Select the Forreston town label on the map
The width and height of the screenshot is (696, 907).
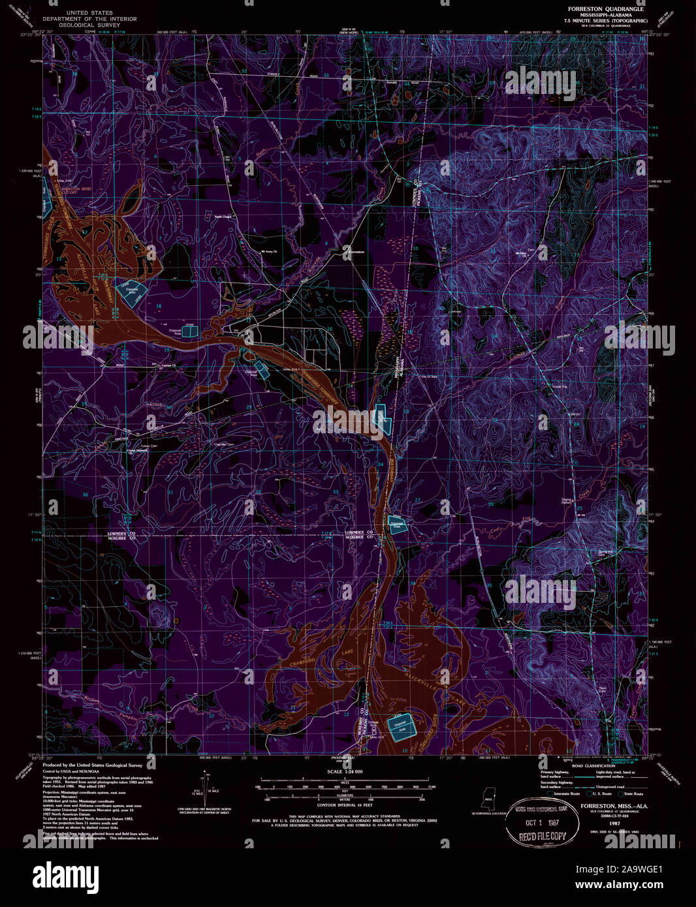click(355, 251)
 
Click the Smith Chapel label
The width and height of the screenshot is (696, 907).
click(223, 217)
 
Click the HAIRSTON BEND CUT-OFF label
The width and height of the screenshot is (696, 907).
click(73, 191)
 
